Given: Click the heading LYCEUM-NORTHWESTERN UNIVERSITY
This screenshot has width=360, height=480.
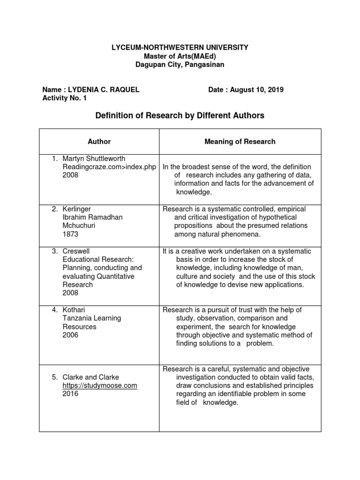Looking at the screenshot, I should (180, 48).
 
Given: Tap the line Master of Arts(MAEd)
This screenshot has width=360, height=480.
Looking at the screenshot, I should (180, 56).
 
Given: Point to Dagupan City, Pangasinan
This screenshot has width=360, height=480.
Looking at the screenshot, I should (180, 65).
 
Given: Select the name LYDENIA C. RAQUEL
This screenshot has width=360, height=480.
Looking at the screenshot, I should (104, 90).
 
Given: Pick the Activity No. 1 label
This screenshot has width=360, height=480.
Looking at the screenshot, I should (64, 98).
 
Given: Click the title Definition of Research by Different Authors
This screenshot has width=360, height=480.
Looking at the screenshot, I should (180, 115).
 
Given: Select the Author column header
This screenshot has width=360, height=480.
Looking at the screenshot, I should (99, 141).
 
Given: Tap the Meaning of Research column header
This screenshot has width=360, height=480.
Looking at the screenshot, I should (240, 141).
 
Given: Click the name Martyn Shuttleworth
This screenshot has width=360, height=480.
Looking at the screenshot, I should (94, 158).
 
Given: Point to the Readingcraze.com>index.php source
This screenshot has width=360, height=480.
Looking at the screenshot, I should (109, 167).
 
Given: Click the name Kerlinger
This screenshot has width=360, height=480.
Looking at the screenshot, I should (77, 209).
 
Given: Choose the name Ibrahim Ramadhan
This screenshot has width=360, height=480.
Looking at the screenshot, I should (92, 217).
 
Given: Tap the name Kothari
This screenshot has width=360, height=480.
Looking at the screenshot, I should (75, 310).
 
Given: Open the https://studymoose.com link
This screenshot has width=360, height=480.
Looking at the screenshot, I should (99, 385).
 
